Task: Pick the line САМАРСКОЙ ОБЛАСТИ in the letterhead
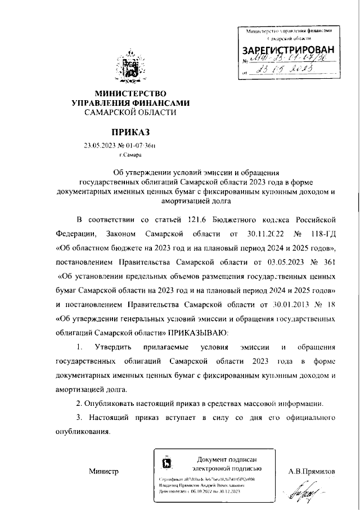click(x=130, y=112)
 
